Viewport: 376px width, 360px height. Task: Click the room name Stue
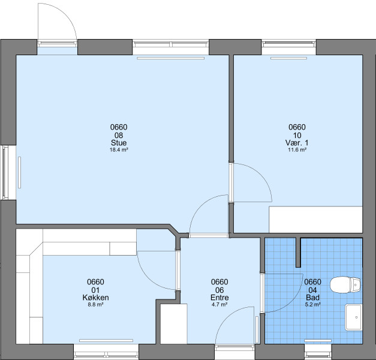pos(119,143)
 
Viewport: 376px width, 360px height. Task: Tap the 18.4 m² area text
pos(119,150)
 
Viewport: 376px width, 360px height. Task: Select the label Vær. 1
pos(297,143)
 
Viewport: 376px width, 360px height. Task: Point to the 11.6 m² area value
pos(297,150)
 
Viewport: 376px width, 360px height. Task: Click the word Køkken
pos(96,298)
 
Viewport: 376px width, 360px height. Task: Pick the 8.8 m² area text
pos(95,305)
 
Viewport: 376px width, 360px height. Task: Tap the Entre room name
pos(219,298)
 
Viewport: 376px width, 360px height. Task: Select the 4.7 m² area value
pos(219,305)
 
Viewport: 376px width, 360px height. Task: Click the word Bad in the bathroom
pos(312,298)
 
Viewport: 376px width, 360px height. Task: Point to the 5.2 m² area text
pos(312,305)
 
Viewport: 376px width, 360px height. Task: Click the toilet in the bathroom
pos(345,285)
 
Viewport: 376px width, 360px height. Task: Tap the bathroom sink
pos(353,317)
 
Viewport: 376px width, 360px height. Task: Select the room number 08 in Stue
pos(119,135)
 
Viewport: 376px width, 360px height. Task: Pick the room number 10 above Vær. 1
pos(297,136)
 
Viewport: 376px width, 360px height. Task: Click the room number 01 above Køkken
pos(95,290)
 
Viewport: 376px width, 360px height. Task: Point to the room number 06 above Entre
pos(219,290)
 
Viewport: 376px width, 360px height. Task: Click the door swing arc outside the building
pos(67,14)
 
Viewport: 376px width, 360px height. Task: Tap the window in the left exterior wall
pos(5,173)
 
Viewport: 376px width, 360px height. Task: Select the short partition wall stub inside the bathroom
pos(298,253)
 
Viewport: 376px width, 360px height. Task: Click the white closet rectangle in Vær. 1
pos(315,220)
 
